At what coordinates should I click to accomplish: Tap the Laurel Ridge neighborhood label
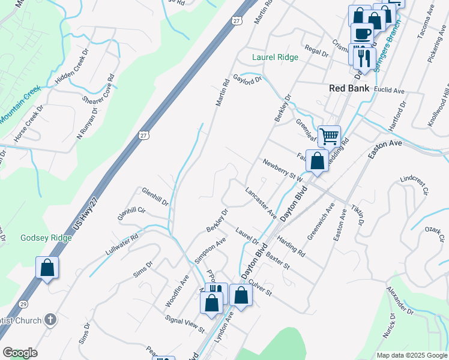click(x=275, y=58)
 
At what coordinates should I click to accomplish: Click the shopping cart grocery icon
click(x=329, y=136)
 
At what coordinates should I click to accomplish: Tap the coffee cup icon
click(x=361, y=33)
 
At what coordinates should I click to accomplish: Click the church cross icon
click(x=51, y=319)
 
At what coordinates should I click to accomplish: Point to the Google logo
click(x=20, y=353)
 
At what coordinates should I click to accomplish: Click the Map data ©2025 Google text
click(x=411, y=355)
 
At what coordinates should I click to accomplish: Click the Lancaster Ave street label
click(x=261, y=202)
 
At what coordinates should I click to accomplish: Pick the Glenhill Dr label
click(x=155, y=196)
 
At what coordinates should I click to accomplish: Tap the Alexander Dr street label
click(x=400, y=301)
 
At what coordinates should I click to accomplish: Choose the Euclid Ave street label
click(x=389, y=91)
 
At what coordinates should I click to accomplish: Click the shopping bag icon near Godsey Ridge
click(x=47, y=268)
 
